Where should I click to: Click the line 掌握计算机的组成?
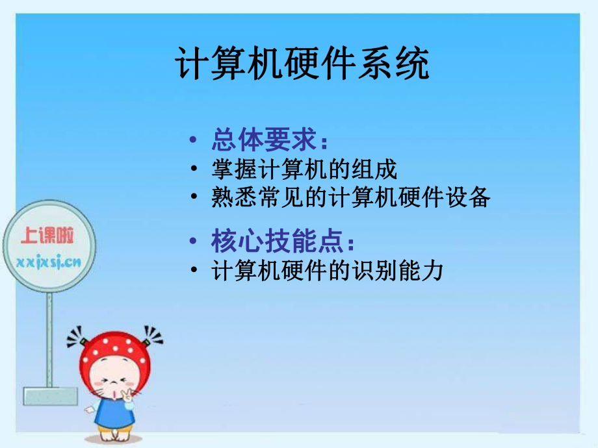point(304,170)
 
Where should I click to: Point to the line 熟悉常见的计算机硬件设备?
point(350,197)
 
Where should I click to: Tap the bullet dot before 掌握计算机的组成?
point(194,170)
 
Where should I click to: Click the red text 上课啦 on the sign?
point(47,235)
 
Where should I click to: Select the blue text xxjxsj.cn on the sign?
point(47,262)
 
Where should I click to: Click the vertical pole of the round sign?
point(49,338)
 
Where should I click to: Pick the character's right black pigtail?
point(153,336)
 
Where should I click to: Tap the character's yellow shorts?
point(114,432)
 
